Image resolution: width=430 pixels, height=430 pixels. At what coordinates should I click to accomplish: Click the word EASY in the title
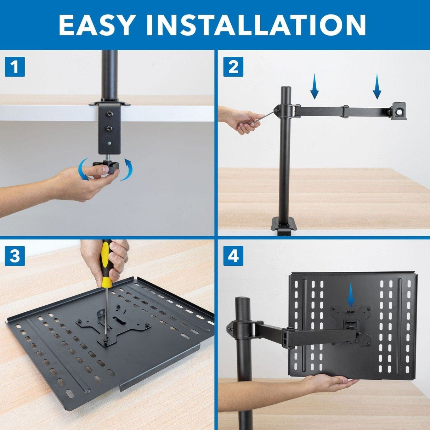96,25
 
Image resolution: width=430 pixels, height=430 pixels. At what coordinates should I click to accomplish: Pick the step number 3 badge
15,256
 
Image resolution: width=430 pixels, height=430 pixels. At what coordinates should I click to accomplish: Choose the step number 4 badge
233,256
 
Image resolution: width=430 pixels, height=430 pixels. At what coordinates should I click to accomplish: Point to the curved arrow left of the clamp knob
84,170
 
